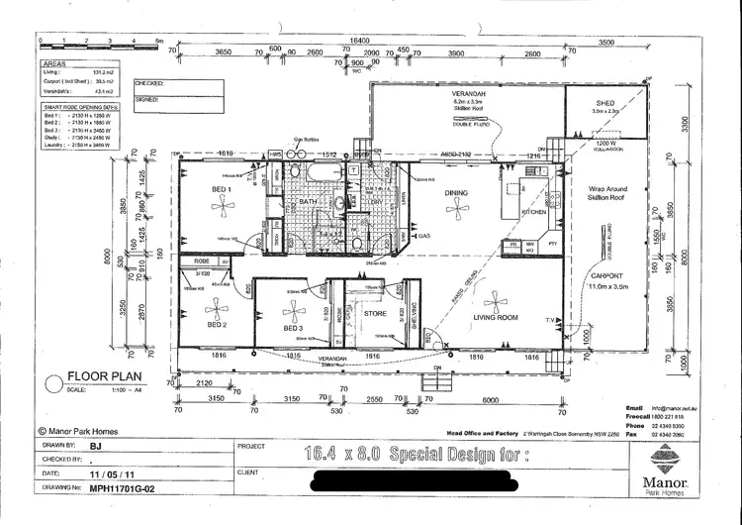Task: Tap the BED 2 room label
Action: pyautogui.click(x=217, y=325)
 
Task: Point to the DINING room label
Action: pyautogui.click(x=456, y=193)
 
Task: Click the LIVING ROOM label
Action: pyautogui.click(x=495, y=318)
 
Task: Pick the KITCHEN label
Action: pyautogui.click(x=534, y=212)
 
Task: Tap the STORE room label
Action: pyautogui.click(x=374, y=315)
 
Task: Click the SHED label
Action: pyautogui.click(x=604, y=102)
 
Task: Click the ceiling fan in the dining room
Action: pyautogui.click(x=456, y=208)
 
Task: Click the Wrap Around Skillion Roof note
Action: pyautogui.click(x=609, y=193)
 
